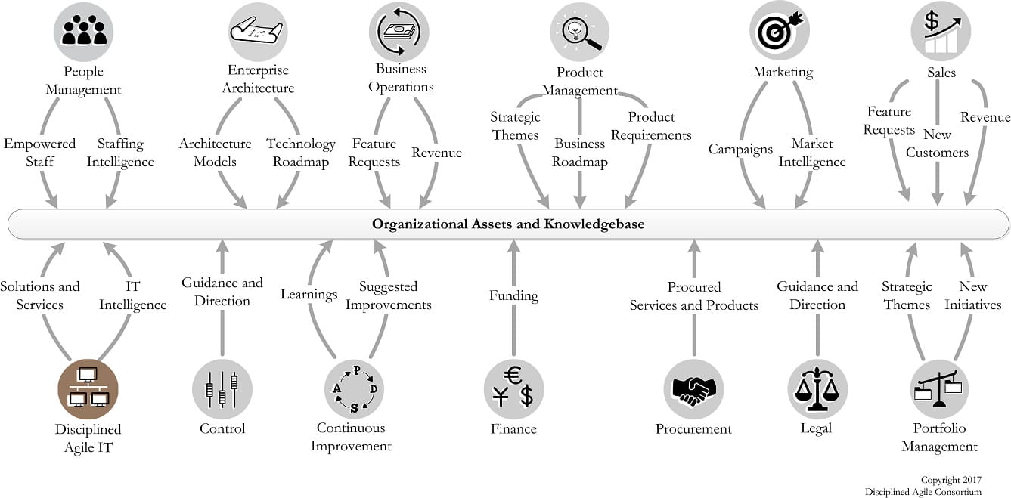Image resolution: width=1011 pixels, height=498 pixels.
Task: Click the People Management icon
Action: pyautogui.click(x=83, y=32)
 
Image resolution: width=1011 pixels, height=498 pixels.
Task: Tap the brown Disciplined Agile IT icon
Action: pyautogui.click(x=88, y=388)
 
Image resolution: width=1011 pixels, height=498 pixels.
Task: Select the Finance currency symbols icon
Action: pyautogui.click(x=513, y=388)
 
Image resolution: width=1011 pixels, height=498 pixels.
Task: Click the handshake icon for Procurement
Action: pyautogui.click(x=693, y=388)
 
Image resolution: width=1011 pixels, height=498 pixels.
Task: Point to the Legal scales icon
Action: pyautogui.click(x=817, y=388)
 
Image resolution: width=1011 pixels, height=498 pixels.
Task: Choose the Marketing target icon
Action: pyautogui.click(x=780, y=31)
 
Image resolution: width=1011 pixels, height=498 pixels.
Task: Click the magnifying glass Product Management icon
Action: pyautogui.click(x=580, y=31)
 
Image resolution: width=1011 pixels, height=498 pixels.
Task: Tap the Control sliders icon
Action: pyautogui.click(x=222, y=388)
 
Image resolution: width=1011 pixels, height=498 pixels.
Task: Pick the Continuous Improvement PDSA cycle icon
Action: pyautogui.click(x=354, y=388)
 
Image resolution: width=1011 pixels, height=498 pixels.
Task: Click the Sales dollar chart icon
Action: pyautogui.click(x=940, y=31)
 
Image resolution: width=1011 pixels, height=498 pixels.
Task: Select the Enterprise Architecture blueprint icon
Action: pyautogui.click(x=256, y=31)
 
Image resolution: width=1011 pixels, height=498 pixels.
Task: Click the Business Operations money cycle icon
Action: pyautogui.click(x=399, y=31)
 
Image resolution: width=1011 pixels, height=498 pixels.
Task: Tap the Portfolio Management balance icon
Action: pyautogui.click(x=940, y=388)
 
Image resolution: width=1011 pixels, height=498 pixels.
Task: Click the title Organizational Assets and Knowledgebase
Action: pyautogui.click(x=507, y=224)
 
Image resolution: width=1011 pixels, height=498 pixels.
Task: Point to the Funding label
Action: pyautogui.click(x=513, y=295)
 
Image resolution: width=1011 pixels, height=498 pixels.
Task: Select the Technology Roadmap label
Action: pyautogui.click(x=300, y=153)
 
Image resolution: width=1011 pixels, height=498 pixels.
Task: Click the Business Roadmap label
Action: pyautogui.click(x=579, y=153)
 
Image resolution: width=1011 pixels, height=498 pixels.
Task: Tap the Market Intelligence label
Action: pyautogui.click(x=812, y=153)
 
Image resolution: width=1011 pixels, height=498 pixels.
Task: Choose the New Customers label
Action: pyautogui.click(x=937, y=144)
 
